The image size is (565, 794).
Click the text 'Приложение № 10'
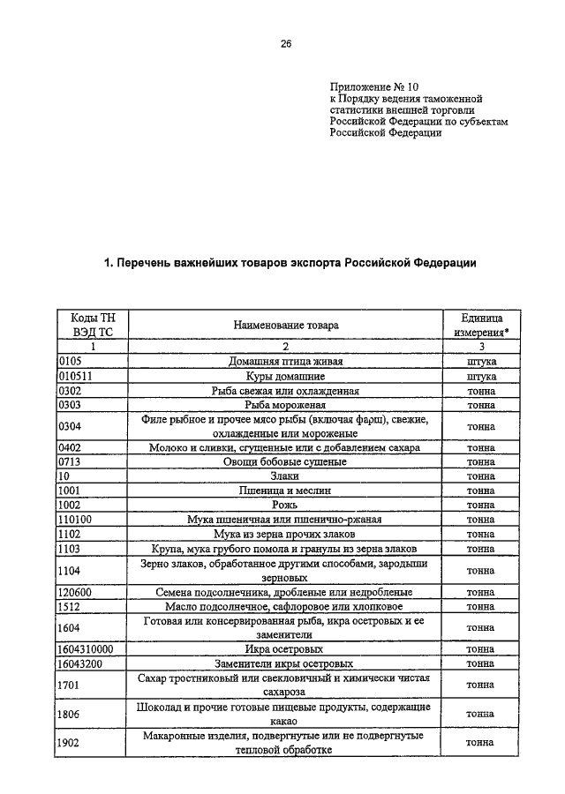click(x=367, y=86)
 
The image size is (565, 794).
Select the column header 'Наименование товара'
click(x=285, y=326)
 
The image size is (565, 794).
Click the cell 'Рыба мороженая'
click(x=284, y=405)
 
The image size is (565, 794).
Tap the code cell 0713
click(x=70, y=461)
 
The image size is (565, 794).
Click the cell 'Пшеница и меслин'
click(x=284, y=491)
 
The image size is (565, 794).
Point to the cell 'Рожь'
click(x=284, y=505)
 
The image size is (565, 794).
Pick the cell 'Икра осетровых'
click(x=284, y=649)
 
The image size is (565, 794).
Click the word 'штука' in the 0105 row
click(x=480, y=362)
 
